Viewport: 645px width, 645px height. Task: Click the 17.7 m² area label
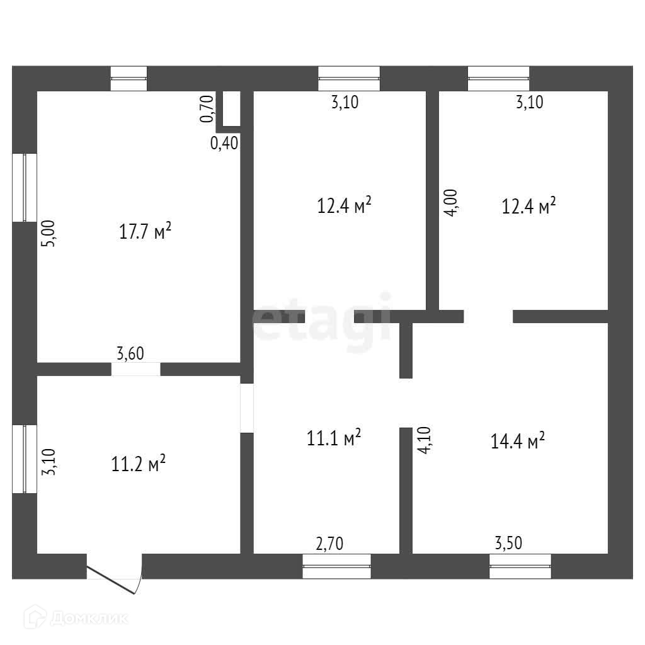click(x=146, y=232)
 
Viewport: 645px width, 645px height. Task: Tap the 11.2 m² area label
click(x=139, y=464)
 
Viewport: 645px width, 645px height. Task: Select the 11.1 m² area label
click(x=334, y=438)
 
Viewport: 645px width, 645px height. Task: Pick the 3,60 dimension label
click(x=130, y=354)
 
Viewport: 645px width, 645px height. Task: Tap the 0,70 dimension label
click(x=206, y=108)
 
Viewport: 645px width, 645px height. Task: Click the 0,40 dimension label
click(x=224, y=144)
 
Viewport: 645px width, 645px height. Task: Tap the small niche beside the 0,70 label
click(x=231, y=110)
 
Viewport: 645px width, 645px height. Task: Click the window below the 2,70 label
click(x=336, y=566)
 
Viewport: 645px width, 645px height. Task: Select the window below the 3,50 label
click(x=520, y=566)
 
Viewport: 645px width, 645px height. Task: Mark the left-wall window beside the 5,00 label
click(x=25, y=187)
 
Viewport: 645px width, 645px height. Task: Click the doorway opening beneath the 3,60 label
click(x=136, y=369)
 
